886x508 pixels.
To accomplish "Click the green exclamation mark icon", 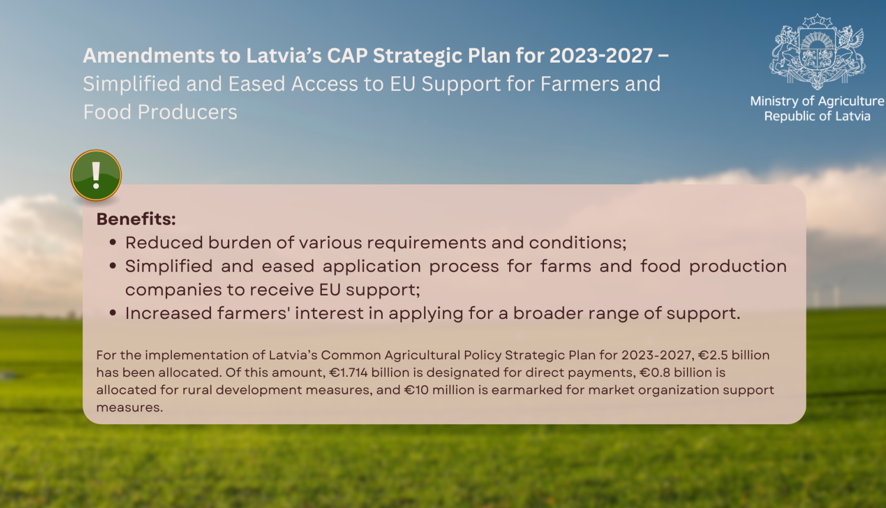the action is click(96, 175).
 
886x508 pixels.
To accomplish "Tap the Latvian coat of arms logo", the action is click(817, 51).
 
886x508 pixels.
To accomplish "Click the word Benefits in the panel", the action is click(136, 219).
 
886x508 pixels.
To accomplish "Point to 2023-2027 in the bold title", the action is click(601, 56).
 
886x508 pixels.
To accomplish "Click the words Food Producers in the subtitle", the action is click(160, 112).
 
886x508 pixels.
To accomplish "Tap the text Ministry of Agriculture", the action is click(817, 101).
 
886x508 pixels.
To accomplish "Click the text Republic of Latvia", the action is click(817, 116).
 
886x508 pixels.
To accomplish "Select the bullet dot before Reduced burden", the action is click(113, 242).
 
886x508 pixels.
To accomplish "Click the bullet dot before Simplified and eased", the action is click(113, 266).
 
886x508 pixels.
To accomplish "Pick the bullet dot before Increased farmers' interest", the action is click(113, 313).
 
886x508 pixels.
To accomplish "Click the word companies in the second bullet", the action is click(174, 290).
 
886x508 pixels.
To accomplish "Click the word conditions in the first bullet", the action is click(578, 243).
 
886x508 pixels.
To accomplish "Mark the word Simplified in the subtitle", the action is click(132, 84).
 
